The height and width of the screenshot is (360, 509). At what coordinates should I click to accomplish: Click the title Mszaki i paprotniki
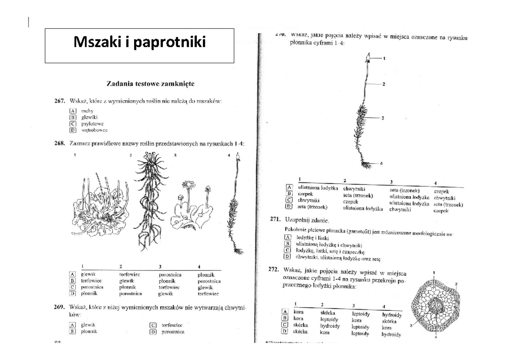[140, 42]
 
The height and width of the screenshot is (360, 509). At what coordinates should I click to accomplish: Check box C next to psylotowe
[73, 124]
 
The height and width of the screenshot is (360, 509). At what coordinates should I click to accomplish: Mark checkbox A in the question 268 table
[73, 275]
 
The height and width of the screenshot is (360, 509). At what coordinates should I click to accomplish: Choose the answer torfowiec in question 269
[172, 325]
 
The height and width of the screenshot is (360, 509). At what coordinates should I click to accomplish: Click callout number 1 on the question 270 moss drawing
[384, 58]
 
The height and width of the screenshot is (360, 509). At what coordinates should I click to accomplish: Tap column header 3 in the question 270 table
[392, 182]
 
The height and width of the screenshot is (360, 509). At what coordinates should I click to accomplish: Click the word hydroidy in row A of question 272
[392, 315]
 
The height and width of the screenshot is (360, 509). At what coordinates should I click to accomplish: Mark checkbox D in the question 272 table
[285, 331]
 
